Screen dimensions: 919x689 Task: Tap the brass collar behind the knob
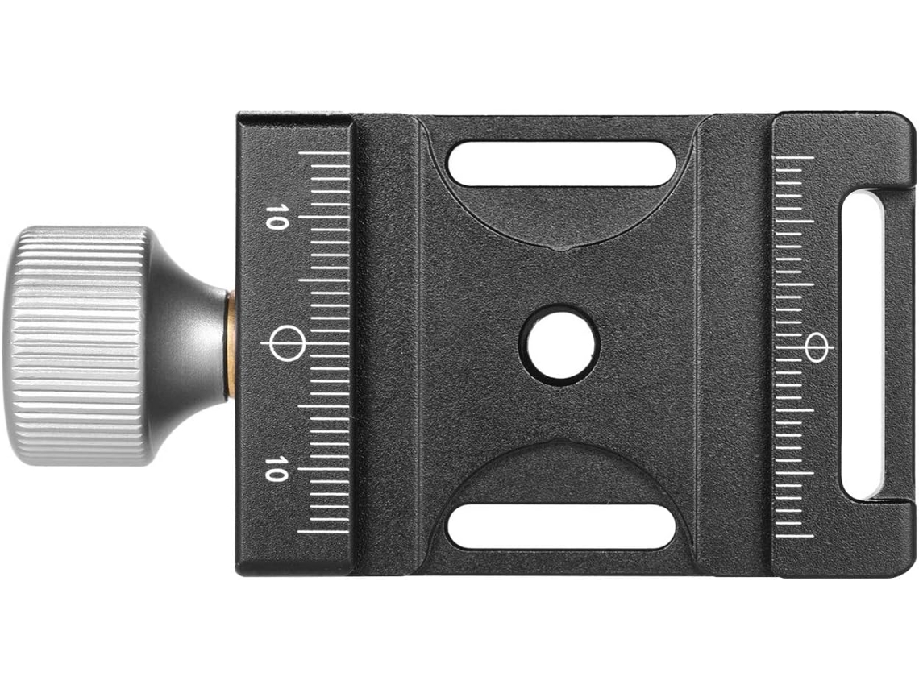231,346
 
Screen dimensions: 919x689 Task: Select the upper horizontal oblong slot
561,164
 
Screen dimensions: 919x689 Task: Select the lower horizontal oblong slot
561,527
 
